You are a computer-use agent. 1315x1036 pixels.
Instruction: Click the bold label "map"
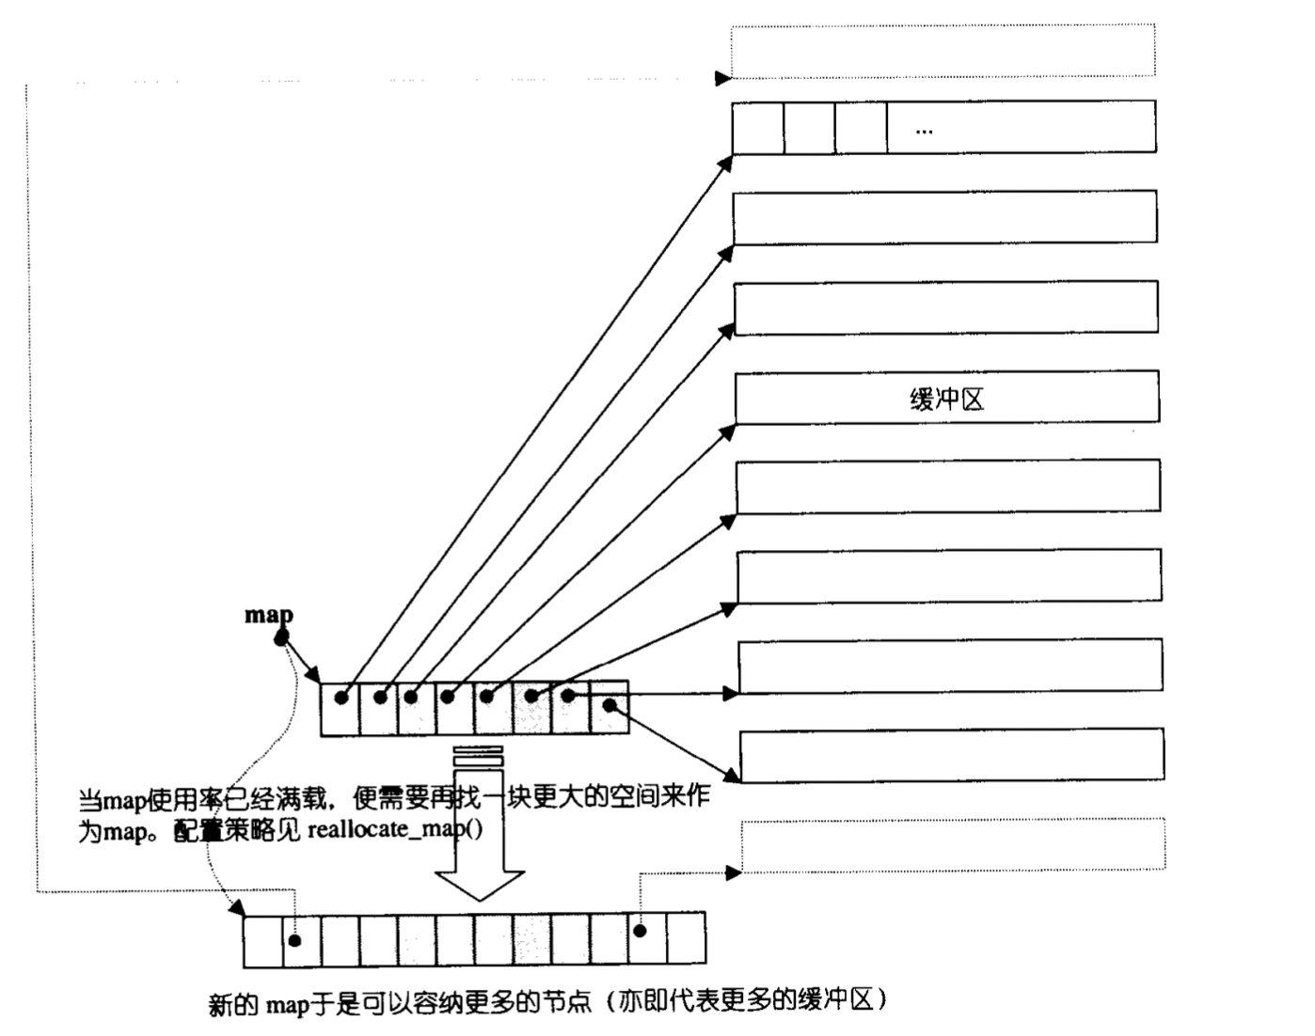click(x=269, y=615)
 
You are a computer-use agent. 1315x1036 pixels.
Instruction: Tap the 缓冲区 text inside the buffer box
click(x=946, y=400)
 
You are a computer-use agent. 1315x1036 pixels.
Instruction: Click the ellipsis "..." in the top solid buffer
click(x=924, y=131)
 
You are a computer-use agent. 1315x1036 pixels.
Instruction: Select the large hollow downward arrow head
click(x=479, y=884)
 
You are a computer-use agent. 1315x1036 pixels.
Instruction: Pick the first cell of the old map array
click(x=340, y=709)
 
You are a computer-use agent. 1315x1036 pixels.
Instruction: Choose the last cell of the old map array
click(x=609, y=707)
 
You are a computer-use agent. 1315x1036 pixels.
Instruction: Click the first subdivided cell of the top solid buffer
click(x=758, y=128)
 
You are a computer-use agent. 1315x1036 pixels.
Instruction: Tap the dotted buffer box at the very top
click(x=943, y=51)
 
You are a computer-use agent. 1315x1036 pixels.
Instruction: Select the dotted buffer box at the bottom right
click(x=953, y=844)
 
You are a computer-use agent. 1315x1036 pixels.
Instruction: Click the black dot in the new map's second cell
click(x=295, y=940)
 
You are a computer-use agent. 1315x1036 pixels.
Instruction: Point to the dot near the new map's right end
click(x=640, y=931)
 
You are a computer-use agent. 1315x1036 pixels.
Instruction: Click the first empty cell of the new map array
click(x=262, y=940)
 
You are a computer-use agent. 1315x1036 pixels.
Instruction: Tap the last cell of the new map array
click(x=686, y=938)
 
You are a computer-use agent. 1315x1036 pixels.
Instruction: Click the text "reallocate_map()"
click(x=395, y=829)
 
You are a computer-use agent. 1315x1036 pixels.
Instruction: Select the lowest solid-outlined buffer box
click(x=951, y=754)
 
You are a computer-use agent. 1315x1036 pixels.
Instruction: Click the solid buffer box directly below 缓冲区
click(x=948, y=487)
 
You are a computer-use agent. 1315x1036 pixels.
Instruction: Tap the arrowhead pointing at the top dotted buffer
click(x=722, y=78)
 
